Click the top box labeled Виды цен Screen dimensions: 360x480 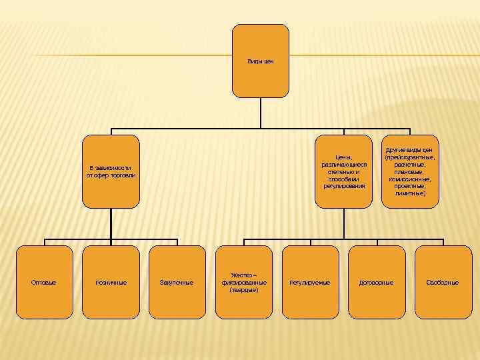[x=261, y=61]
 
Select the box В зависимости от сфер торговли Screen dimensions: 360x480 [x=111, y=171]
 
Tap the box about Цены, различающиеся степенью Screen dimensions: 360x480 [x=344, y=171]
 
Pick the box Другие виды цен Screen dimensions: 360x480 [x=409, y=171]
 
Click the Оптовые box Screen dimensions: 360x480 [x=44, y=283]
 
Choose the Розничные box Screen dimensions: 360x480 [x=111, y=283]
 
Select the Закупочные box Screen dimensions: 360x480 [x=177, y=283]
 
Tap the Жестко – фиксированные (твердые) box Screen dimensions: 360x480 [x=244, y=283]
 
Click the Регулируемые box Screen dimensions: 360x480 [x=310, y=283]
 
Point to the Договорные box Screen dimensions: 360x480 [x=377, y=283]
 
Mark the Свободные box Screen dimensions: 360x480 [x=443, y=283]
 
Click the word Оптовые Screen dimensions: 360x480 [x=44, y=283]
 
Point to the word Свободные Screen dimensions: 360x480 [x=443, y=283]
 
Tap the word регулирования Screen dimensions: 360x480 [x=344, y=187]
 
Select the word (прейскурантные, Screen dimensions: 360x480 [x=409, y=157]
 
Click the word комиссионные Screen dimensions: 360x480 [x=409, y=179]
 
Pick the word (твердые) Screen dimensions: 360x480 [x=244, y=290]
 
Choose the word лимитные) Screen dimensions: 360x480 [x=409, y=193]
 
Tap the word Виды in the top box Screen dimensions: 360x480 [x=255, y=61]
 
